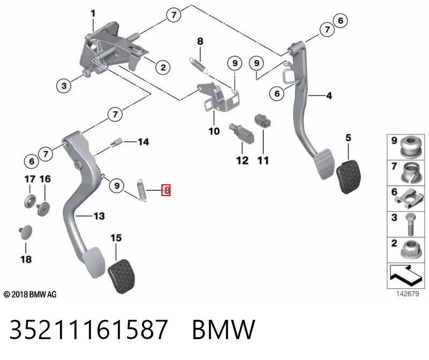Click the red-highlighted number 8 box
click(166, 190)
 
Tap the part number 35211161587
click(88, 329)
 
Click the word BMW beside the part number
click(224, 329)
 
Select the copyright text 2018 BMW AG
click(30, 295)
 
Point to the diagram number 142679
click(408, 294)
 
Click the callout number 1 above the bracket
click(93, 13)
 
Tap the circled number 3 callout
click(64, 86)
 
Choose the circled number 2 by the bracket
click(163, 67)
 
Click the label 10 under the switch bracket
click(214, 131)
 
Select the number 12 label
click(242, 161)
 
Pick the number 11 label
click(263, 161)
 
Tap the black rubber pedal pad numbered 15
click(122, 276)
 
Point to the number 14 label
click(143, 142)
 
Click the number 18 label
click(26, 259)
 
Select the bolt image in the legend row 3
click(411, 224)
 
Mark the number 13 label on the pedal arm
click(99, 216)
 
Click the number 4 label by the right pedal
click(329, 96)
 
